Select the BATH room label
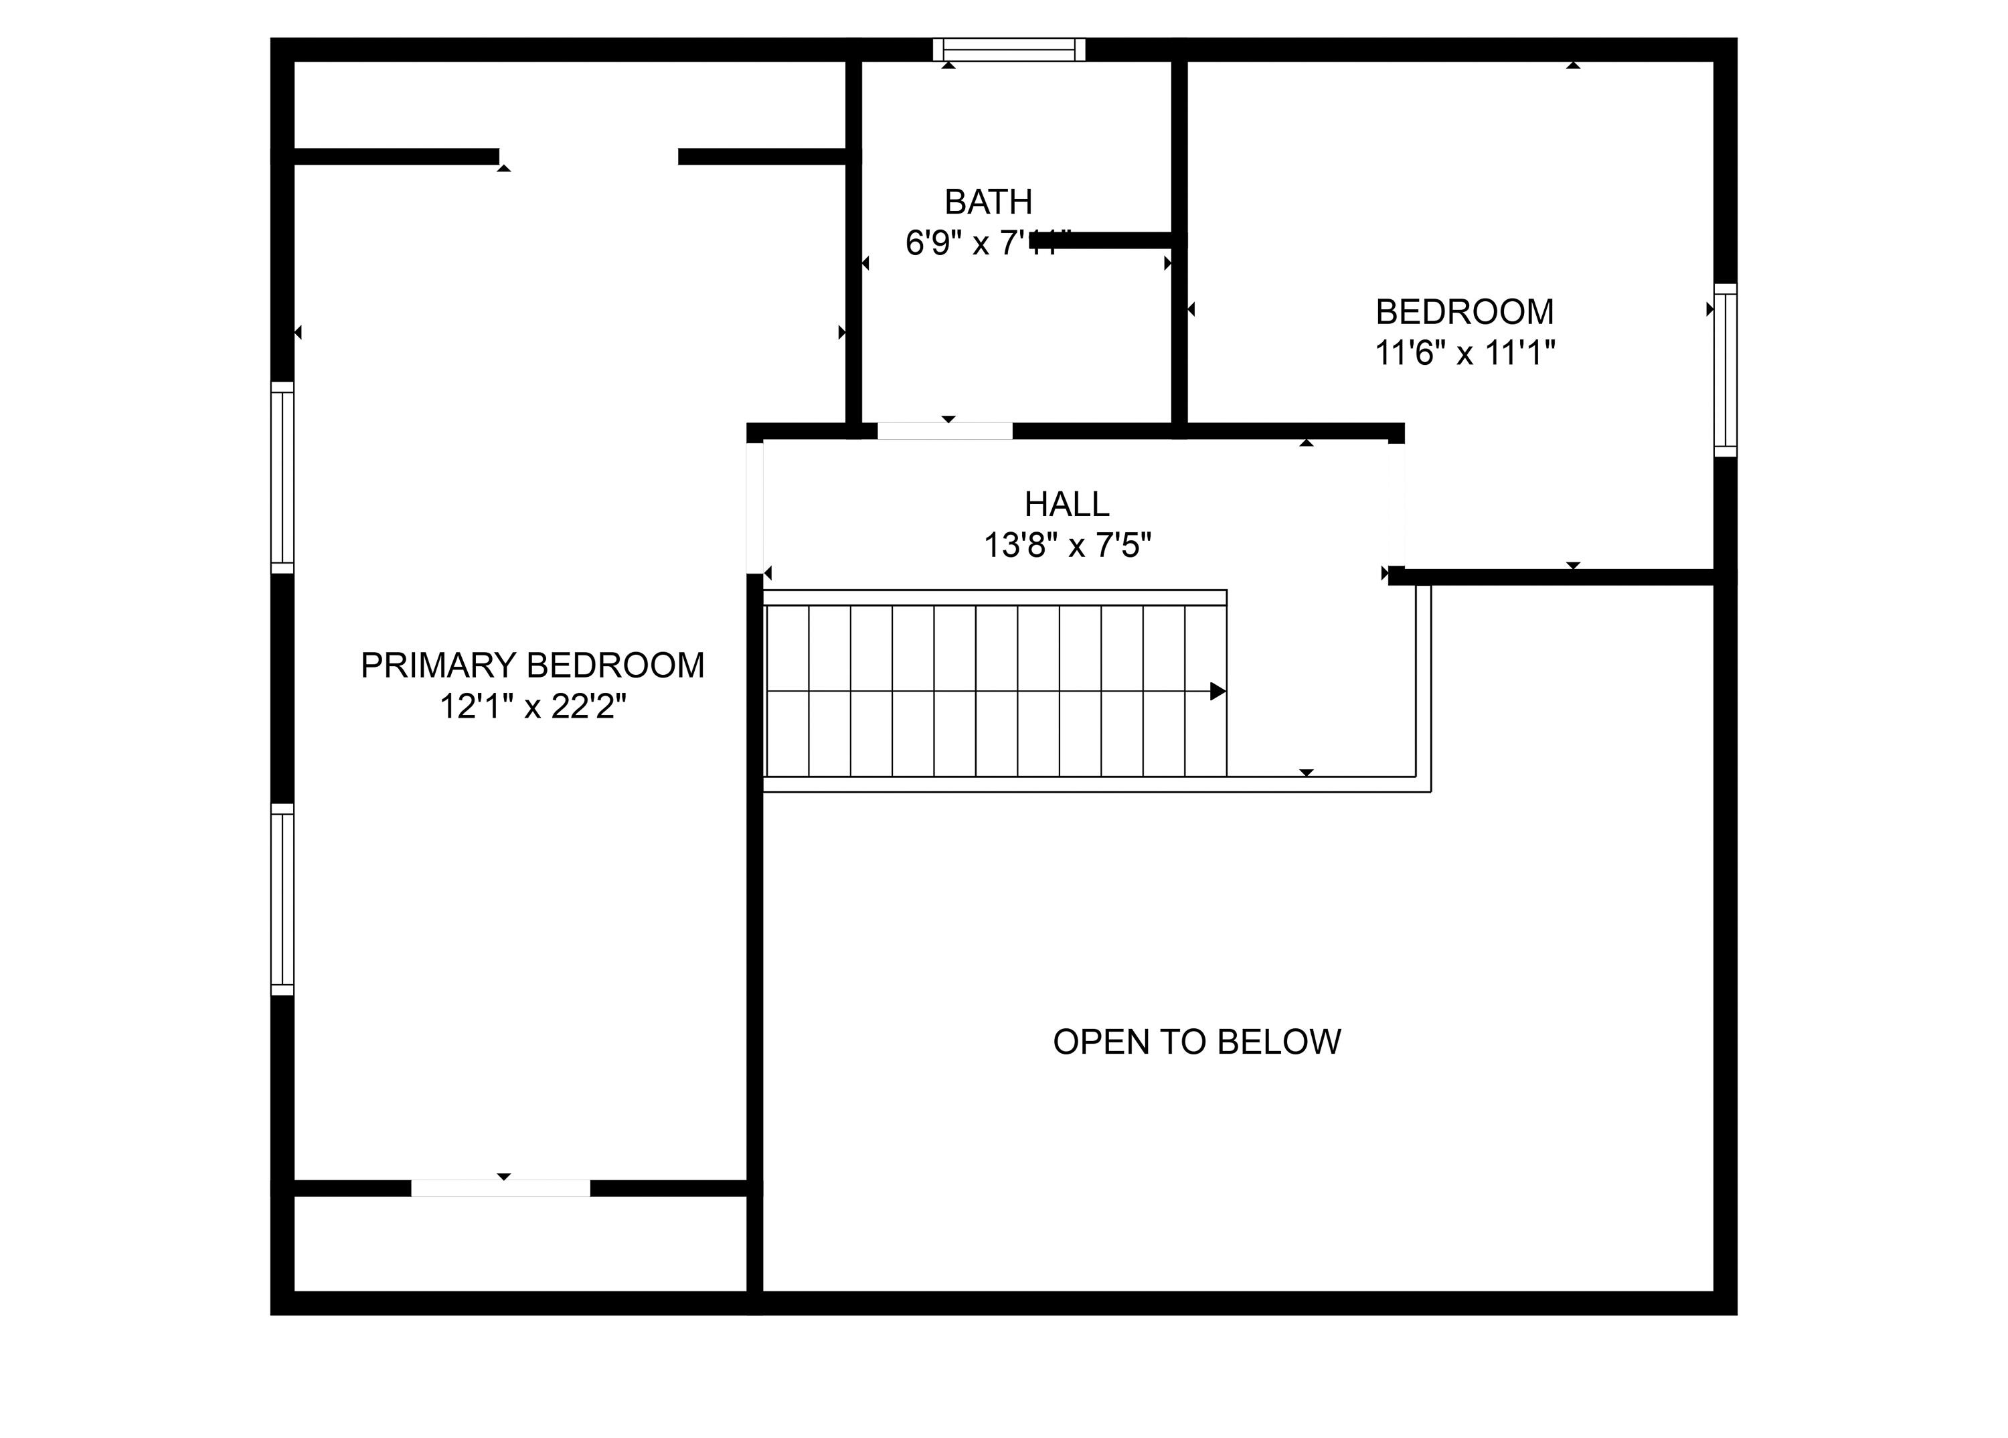point(988,203)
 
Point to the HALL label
point(1067,505)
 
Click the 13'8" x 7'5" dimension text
point(1067,546)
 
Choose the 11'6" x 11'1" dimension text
point(1465,353)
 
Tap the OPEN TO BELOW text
point(1196,1042)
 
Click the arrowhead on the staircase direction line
point(1218,692)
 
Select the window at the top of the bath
point(1009,50)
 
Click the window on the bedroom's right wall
point(1725,370)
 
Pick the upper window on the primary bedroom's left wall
point(282,477)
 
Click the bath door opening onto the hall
point(944,431)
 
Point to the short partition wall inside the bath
point(1106,240)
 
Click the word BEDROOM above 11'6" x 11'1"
point(1465,313)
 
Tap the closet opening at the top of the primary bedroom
point(589,157)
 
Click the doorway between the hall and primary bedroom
point(754,507)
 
